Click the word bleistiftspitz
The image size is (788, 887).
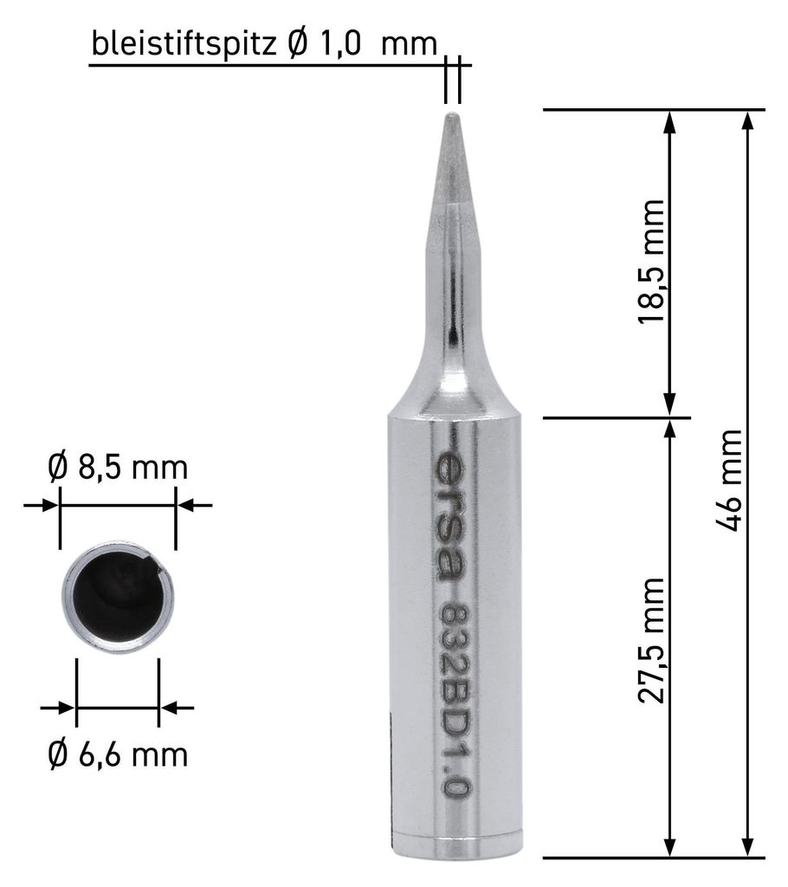[x=184, y=43]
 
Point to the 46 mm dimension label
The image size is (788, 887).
[x=729, y=480]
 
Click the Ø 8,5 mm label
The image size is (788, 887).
[x=118, y=467]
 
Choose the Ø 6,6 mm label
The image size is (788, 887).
[x=118, y=754]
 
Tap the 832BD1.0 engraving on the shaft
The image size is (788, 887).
[x=455, y=702]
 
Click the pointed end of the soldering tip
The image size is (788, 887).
[x=452, y=115]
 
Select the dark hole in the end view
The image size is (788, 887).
[x=119, y=598]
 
